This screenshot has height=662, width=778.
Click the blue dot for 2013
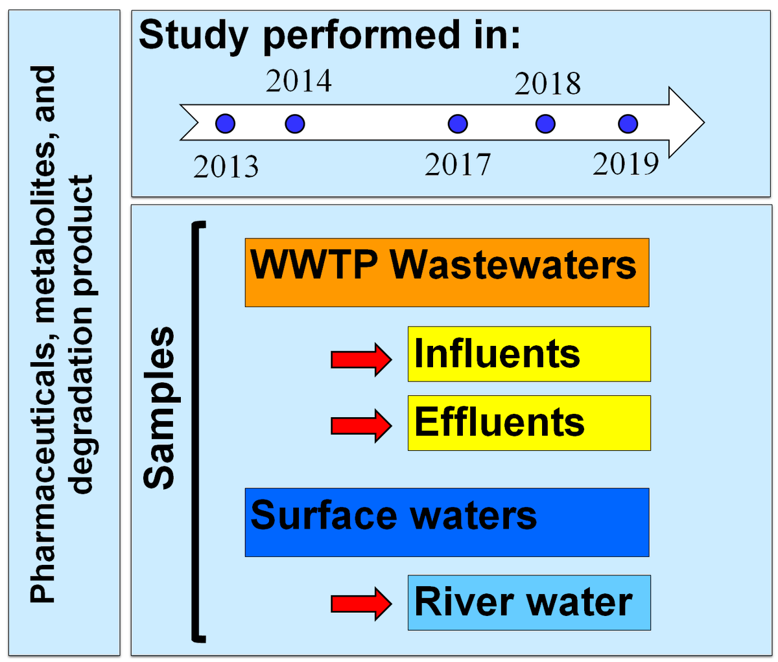point(225,123)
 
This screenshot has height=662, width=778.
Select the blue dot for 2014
point(295,123)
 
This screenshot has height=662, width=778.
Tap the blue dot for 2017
point(458,123)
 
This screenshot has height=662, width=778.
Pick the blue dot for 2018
point(546,123)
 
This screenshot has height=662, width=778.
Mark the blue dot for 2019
point(628,123)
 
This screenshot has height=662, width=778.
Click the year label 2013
point(226,167)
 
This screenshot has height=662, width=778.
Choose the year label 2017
point(458,165)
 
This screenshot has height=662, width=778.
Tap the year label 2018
point(548,84)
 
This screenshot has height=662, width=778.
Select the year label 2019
point(626,165)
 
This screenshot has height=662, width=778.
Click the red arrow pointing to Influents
point(361,358)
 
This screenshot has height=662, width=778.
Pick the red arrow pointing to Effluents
point(361,426)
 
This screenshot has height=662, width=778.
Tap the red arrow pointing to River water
point(361,604)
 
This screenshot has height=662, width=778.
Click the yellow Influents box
point(528,354)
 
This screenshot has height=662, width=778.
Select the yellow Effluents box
point(528,422)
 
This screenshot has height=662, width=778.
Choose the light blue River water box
point(528,602)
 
